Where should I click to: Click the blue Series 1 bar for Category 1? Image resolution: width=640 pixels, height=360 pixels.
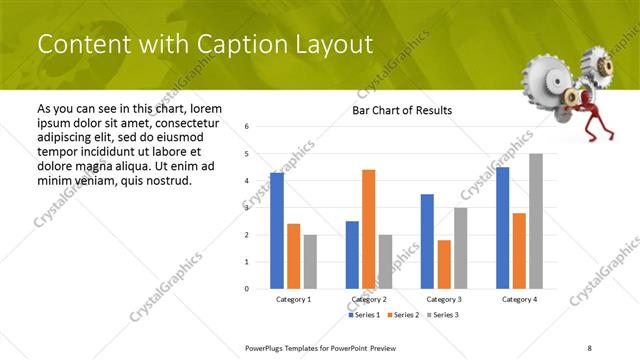(x=277, y=231)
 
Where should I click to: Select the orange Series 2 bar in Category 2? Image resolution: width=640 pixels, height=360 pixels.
(x=368, y=229)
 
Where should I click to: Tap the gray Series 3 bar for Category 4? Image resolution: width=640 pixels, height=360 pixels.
(x=536, y=221)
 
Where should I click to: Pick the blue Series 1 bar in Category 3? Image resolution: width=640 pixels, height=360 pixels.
(x=427, y=241)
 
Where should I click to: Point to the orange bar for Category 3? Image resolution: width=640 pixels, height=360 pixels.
(x=444, y=264)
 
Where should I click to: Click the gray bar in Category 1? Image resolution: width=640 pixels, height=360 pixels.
(x=310, y=262)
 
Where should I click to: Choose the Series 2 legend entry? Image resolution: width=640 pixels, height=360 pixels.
(x=405, y=315)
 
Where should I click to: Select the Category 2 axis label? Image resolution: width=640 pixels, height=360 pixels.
(x=368, y=299)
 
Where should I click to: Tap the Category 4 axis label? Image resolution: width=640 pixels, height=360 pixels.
(x=519, y=299)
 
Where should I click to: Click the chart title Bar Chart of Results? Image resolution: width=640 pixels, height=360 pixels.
(x=402, y=110)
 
